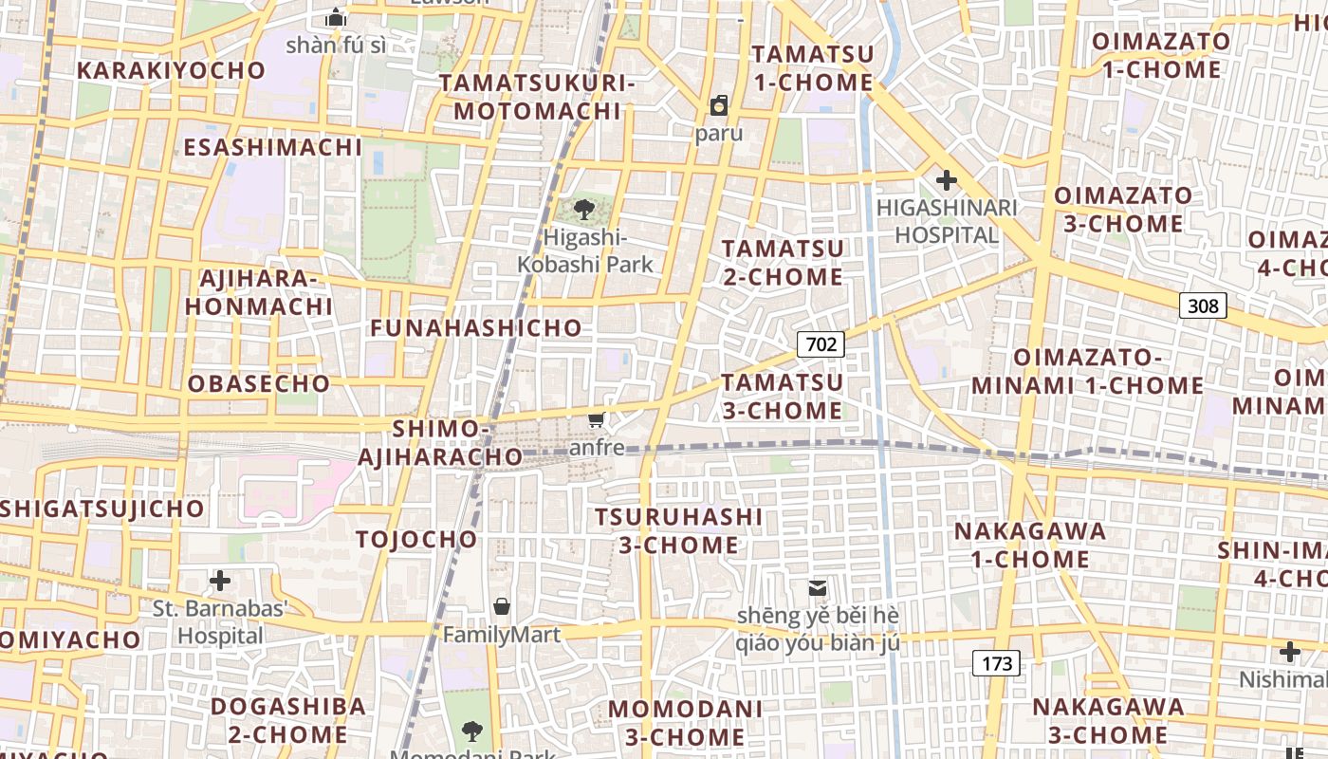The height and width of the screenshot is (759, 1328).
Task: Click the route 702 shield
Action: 821,343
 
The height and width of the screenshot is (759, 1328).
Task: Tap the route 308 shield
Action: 1203,305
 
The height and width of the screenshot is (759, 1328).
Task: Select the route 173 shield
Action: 996,663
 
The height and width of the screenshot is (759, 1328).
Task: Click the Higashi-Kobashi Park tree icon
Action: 584,210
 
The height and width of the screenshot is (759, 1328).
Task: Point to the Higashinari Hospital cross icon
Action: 946,179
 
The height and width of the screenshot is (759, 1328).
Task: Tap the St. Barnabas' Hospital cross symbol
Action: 220,580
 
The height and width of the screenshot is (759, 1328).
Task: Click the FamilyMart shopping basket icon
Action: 502,605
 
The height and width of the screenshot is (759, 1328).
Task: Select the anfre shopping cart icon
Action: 597,419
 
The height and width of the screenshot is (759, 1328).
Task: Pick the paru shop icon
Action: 719,105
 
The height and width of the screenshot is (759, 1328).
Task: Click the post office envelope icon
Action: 817,588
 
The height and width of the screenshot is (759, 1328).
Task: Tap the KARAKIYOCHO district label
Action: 172,71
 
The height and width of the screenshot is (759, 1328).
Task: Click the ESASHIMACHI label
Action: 273,147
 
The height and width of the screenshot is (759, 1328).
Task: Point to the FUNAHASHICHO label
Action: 476,328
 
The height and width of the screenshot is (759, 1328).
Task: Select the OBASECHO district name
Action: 259,384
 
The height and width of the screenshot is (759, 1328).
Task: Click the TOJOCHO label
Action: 417,540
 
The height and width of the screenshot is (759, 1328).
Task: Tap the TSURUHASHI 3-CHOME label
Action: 678,530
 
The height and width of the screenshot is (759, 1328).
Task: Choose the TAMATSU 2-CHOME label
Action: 783,263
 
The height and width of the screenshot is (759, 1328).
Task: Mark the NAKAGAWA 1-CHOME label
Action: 1030,545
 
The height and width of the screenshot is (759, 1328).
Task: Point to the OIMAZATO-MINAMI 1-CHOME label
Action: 1087,372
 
